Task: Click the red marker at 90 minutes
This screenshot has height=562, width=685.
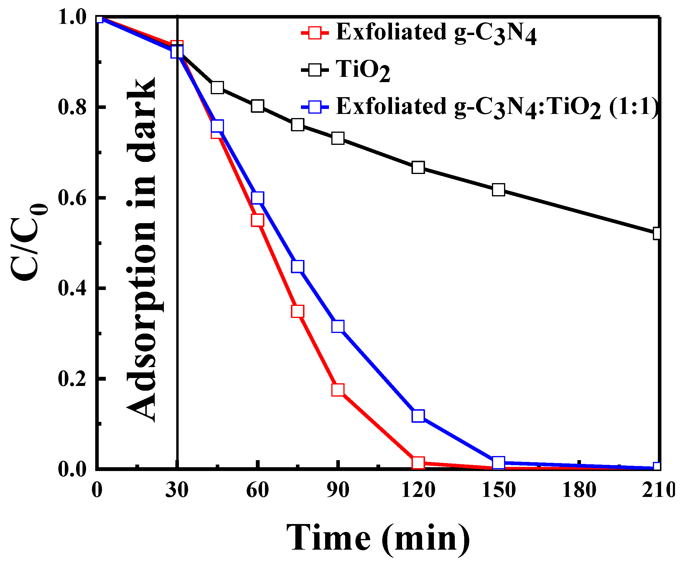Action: point(338,390)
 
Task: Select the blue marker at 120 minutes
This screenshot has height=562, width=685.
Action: point(418,416)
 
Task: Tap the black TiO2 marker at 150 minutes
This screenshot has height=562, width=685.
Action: point(498,190)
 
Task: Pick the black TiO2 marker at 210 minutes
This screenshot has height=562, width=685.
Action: point(657,233)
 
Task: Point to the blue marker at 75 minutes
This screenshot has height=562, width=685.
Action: point(297,266)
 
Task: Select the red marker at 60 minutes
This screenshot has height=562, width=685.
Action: point(257,220)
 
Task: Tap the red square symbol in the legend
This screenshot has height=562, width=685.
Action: point(314,33)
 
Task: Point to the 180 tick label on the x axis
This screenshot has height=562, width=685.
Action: point(579,490)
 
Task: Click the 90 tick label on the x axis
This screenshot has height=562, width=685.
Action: point(338,490)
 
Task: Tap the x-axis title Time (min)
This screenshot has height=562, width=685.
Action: point(378,538)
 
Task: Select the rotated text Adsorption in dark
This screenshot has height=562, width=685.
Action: point(141,249)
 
